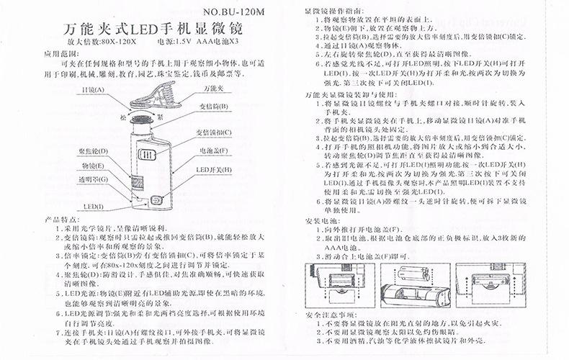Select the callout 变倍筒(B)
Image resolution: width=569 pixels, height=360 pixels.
click(x=213, y=106)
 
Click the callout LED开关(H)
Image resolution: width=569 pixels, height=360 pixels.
click(x=215, y=170)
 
